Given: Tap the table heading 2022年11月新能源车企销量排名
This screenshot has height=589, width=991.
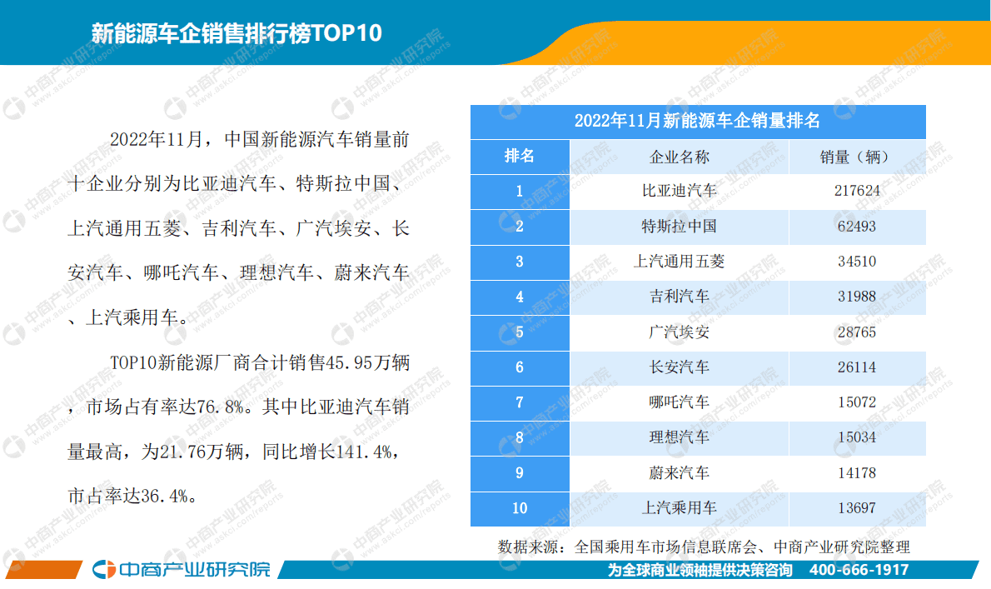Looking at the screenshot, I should (x=698, y=122).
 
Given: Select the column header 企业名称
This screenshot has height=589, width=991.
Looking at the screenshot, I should (x=679, y=157).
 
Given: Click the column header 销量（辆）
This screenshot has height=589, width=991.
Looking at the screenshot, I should (x=856, y=157).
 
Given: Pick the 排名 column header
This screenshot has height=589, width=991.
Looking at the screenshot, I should (x=520, y=157).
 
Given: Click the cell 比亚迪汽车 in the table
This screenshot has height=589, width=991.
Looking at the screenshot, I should (x=679, y=192).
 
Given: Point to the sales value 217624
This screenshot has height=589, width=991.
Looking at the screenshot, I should (x=856, y=192).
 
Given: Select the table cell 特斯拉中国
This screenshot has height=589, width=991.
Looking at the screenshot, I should (x=679, y=227).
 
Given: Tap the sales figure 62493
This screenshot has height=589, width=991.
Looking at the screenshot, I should (x=856, y=227).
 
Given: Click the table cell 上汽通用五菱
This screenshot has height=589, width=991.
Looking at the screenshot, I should (x=679, y=262).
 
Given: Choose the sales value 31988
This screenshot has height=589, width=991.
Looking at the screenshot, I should (x=856, y=297).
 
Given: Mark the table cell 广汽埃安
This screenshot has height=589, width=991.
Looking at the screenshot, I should (x=679, y=332).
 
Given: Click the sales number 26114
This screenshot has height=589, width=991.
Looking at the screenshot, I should (x=856, y=367).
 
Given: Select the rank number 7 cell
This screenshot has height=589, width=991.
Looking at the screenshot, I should (x=520, y=402).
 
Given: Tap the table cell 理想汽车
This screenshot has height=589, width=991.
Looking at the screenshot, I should (x=679, y=437).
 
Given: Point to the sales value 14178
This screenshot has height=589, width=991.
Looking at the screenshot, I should (x=856, y=473).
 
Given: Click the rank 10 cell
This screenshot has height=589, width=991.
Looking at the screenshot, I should (x=520, y=508).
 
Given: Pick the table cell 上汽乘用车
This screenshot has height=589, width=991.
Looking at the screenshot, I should (x=679, y=508).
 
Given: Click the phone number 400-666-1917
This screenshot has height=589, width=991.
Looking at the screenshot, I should (x=859, y=571).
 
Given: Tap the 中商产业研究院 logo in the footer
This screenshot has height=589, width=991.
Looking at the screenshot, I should (x=182, y=570).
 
